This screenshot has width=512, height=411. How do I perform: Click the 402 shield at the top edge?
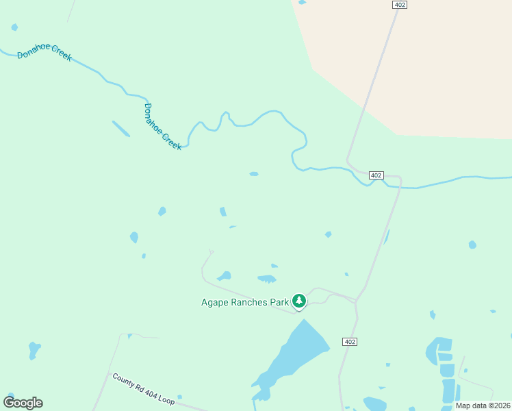pyautogui.click(x=400, y=5)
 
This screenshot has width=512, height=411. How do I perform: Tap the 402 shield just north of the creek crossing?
pyautogui.click(x=376, y=175)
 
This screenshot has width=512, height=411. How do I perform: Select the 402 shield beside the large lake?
pyautogui.click(x=350, y=341)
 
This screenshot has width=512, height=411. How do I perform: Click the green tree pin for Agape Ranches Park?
pyautogui.click(x=299, y=300)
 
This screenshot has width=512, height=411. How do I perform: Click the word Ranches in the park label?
pyautogui.click(x=248, y=302)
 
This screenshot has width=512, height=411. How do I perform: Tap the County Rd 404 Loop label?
pyautogui.click(x=143, y=389)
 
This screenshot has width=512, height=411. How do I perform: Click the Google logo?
pyautogui.click(x=23, y=403)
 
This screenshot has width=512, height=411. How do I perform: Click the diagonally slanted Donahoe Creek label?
pyautogui.click(x=164, y=127)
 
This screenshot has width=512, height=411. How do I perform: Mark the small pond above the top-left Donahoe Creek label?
pyautogui.click(x=14, y=27)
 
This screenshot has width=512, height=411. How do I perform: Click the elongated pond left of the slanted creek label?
pyautogui.click(x=121, y=128)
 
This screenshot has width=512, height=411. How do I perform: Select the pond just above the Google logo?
pyautogui.click(x=34, y=349)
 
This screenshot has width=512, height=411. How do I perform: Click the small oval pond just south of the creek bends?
pyautogui.click(x=254, y=174)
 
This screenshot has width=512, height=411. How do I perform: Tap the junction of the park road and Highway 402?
pyautogui.click(x=356, y=301)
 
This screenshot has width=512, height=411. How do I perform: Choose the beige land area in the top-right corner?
pyautogui.click(x=445, y=62)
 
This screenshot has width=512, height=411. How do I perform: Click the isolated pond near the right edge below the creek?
pyautogui.click(x=472, y=245)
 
